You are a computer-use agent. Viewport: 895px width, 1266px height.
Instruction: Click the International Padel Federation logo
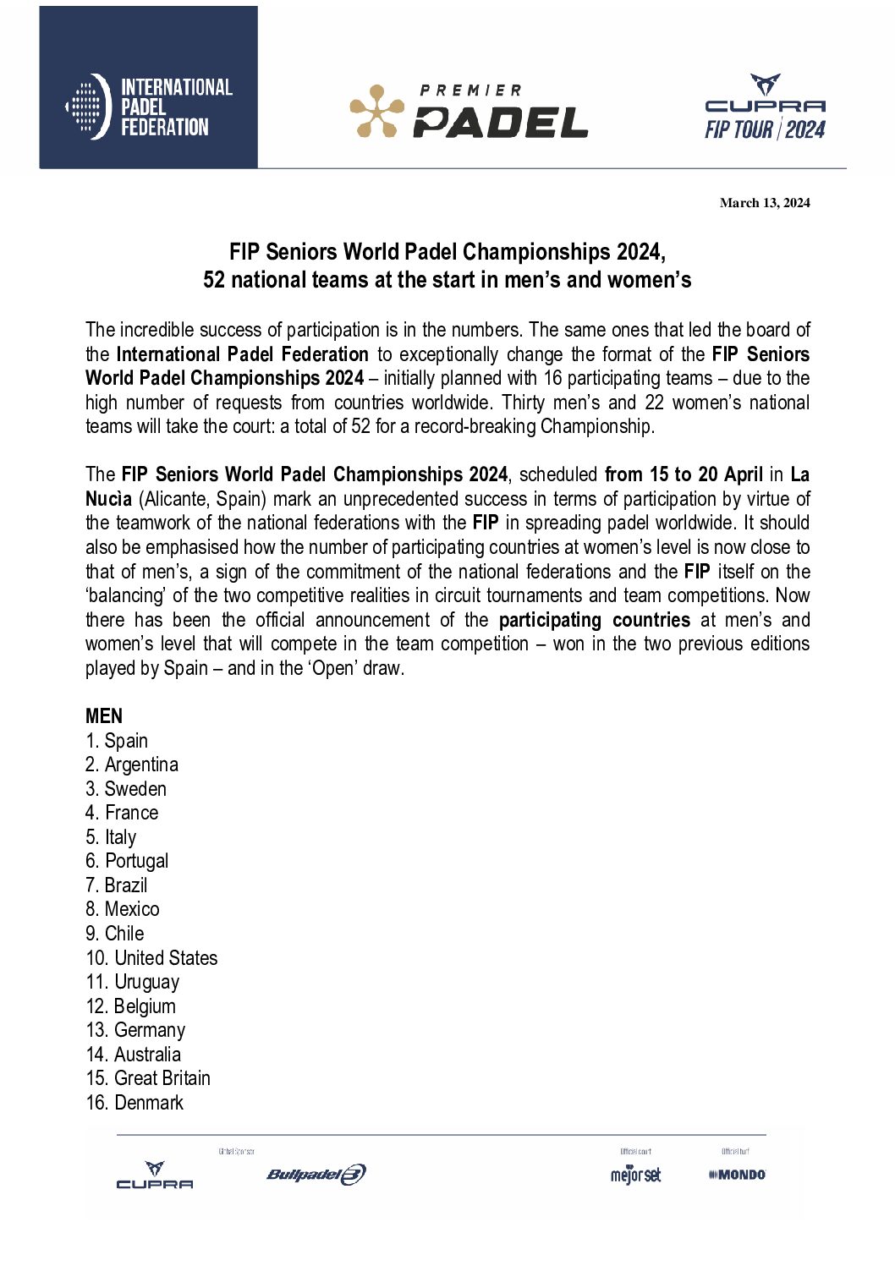click(149, 107)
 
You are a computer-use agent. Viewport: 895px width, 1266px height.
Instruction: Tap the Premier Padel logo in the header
click(469, 111)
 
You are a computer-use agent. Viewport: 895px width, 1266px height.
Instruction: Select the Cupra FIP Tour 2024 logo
click(765, 107)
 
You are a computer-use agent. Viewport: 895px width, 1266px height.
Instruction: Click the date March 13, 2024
click(765, 203)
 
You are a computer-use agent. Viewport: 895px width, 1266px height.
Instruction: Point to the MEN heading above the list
click(104, 716)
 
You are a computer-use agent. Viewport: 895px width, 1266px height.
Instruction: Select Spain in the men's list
click(125, 741)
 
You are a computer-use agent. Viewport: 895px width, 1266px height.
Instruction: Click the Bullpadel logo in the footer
click(316, 1174)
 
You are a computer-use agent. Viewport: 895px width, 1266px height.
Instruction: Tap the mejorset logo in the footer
click(635, 1175)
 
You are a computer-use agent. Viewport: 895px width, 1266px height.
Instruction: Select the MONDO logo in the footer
click(738, 1175)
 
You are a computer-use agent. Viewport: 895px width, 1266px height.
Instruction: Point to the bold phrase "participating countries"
click(594, 620)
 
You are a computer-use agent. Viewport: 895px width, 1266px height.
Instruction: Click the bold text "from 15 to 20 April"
click(684, 474)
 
